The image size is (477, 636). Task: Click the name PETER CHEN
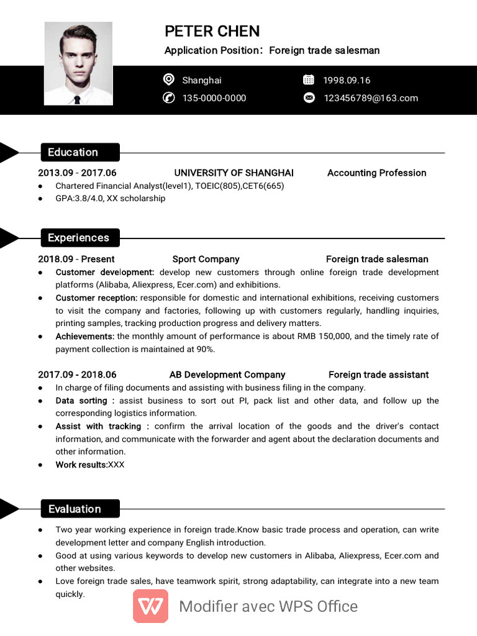212,31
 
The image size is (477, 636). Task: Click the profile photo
78,63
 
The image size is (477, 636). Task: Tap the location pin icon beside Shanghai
168,79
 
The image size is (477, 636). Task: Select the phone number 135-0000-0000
214,98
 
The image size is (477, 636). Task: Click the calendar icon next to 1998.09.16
309,79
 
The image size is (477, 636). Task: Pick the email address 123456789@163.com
371,98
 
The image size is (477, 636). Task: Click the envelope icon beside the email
309,98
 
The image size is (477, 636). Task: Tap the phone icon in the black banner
168,98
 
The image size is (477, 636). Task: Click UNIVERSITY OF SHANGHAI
234,173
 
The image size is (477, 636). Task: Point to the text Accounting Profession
376,173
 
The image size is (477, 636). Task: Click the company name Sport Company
206,259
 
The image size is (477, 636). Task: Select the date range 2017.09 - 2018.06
77,375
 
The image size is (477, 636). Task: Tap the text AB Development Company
227,375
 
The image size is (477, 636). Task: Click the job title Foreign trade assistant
378,375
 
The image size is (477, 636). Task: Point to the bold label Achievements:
84,336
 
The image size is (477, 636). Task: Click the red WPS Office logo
150,606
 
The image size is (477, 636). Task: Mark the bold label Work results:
81,465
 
